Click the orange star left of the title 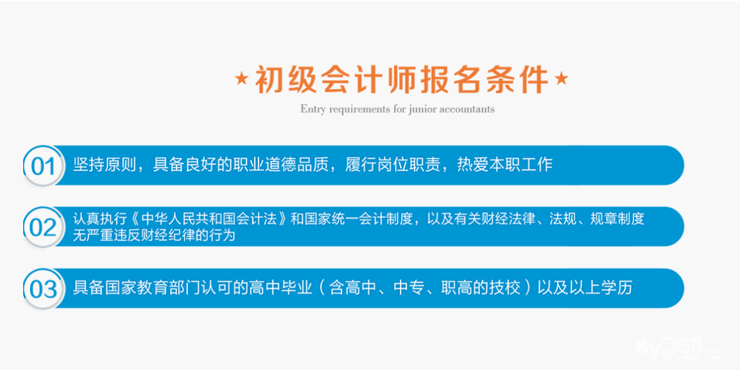pos(241,79)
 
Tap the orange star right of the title pos(561,79)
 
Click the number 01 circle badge pos(44,166)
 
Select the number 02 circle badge pos(44,227)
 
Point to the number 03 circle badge pos(44,289)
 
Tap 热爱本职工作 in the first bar pos(504,165)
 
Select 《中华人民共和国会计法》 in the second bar pos(208,220)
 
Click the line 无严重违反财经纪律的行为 pos(154,235)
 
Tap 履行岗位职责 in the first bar pos(393,165)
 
